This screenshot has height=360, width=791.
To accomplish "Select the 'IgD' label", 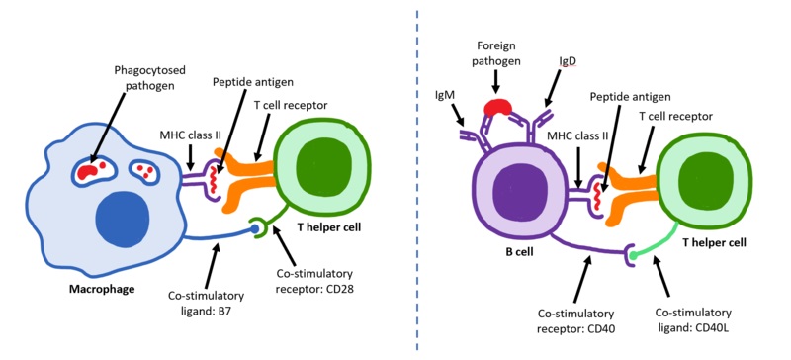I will (567, 60).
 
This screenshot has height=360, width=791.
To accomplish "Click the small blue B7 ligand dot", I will (254, 229).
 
